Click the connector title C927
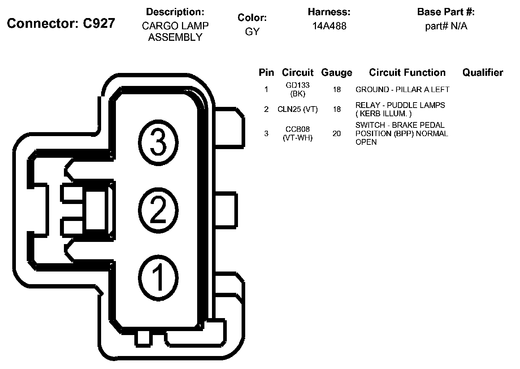[x=61, y=23]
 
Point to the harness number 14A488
[x=329, y=26]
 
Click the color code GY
[x=252, y=32]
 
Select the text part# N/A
[x=446, y=26]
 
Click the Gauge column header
[x=337, y=73]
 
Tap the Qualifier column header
[x=482, y=73]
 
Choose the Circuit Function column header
[x=407, y=73]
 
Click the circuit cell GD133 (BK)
[x=298, y=90]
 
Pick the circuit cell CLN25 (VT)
[x=298, y=109]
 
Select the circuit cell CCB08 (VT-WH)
[x=298, y=133]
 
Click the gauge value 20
[x=337, y=134]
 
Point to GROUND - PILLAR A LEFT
[x=402, y=90]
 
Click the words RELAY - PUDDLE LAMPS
[x=400, y=105]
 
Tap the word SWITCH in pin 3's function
[x=370, y=125]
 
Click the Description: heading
[x=175, y=12]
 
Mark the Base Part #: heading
[x=446, y=12]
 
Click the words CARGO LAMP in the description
[x=175, y=26]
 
